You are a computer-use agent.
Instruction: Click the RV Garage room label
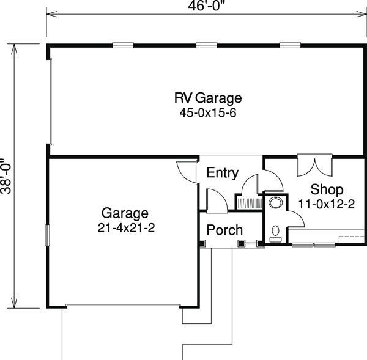208,98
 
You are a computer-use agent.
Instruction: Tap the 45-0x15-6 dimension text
208,113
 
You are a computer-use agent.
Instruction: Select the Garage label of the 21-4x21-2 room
125,213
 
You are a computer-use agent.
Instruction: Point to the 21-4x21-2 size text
126,228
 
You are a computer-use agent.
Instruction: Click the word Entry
223,173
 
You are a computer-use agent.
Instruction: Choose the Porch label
224,230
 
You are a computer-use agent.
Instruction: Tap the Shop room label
327,189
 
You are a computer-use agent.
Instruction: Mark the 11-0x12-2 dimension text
326,204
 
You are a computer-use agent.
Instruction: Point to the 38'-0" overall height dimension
6,176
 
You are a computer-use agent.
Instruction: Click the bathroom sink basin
275,202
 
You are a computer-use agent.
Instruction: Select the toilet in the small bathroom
275,234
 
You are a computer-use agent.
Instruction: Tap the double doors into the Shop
315,165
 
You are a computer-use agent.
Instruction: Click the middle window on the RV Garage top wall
207,45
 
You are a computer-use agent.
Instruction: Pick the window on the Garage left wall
47,235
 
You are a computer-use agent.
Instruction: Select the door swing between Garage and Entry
187,172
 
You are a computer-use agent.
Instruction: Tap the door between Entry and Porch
217,201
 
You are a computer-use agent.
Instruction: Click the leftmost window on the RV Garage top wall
123,45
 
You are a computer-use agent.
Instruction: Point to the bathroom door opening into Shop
296,219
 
